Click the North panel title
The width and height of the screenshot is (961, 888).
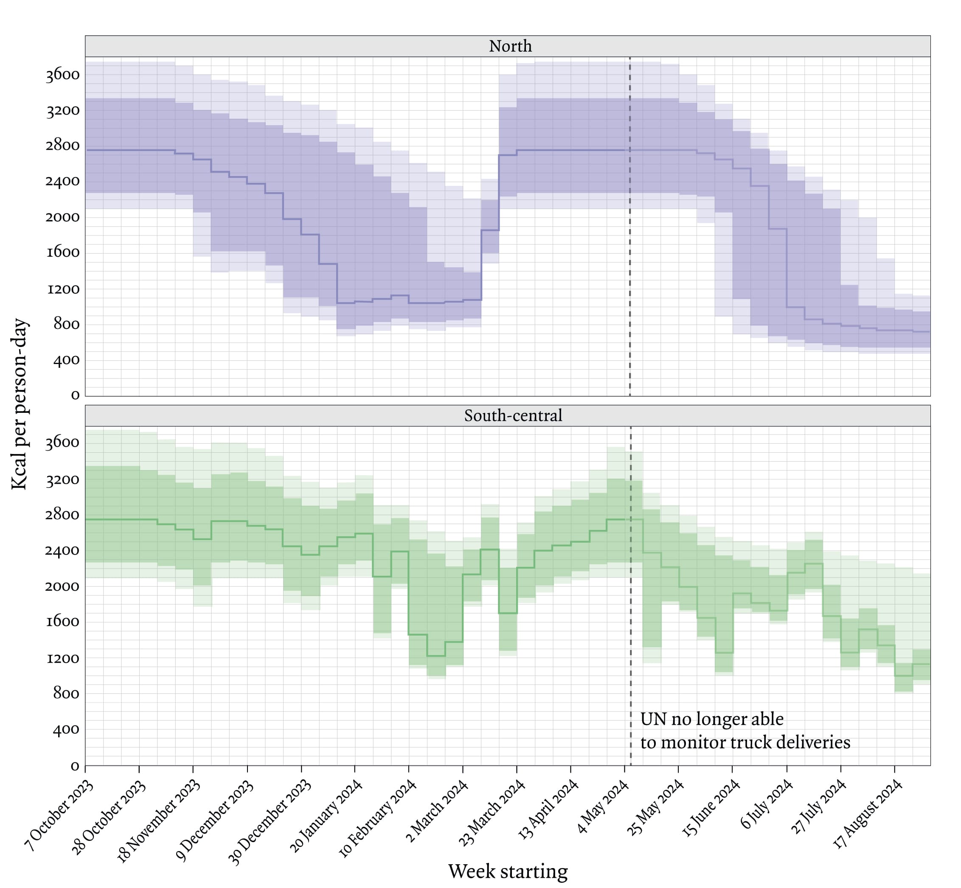510,46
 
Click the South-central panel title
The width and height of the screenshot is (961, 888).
513,416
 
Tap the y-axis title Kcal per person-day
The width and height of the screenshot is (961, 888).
20,403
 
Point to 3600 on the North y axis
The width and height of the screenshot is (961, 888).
62,75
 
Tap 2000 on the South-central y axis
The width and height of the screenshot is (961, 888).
62,586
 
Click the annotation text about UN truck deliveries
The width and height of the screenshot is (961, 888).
745,731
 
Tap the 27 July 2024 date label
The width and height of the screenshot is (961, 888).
818,807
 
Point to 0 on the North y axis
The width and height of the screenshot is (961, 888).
75,395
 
